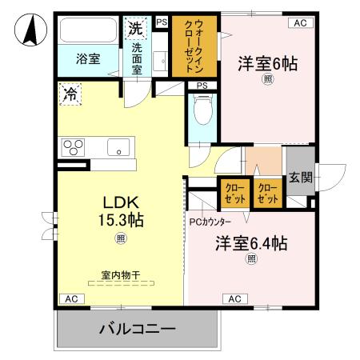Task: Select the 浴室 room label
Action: (88, 58)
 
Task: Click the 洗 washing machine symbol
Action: (135, 28)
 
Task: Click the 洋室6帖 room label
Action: (267, 63)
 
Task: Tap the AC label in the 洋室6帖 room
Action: (299, 23)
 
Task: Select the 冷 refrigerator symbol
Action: (70, 94)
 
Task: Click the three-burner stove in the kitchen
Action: (74, 148)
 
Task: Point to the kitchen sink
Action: (118, 147)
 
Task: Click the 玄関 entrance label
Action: (301, 177)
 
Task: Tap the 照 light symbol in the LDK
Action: (120, 237)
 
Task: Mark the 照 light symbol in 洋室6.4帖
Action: (250, 258)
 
